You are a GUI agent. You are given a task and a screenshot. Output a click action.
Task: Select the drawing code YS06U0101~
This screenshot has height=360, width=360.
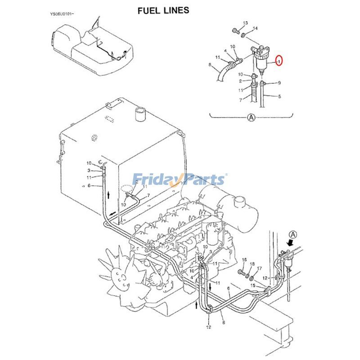coord(62,14)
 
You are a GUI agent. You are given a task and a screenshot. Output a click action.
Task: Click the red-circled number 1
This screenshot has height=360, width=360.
coord(279,60)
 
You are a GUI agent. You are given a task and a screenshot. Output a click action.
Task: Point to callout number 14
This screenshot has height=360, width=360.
coord(255,28)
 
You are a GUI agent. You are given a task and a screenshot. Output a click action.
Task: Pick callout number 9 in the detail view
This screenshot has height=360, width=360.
coord(279,83)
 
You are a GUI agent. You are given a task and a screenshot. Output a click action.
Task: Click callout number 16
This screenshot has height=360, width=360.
coord(244,260)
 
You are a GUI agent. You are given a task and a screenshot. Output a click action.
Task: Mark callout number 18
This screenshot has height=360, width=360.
coord(252,264)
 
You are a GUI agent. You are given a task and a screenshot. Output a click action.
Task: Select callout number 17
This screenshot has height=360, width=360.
coord(259,269)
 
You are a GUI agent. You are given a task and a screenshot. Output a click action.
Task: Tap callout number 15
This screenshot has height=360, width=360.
coord(253,286)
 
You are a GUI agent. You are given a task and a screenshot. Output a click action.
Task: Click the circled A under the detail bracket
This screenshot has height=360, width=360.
coord(251,118)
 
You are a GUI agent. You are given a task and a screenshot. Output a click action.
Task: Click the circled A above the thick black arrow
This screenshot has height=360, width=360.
coord(293,234)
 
